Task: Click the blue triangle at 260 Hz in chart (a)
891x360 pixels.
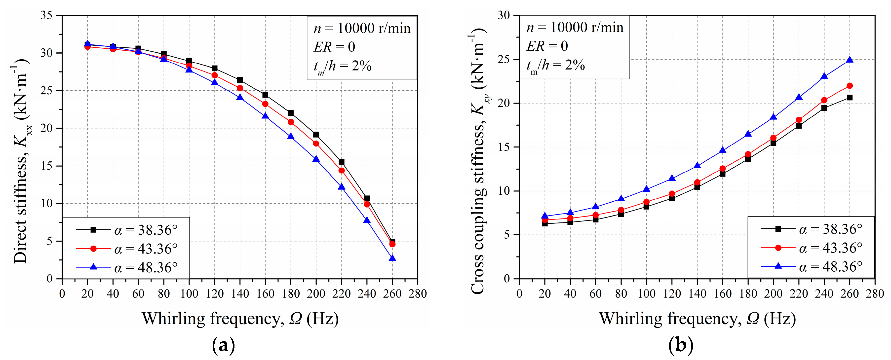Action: pyautogui.click(x=392, y=258)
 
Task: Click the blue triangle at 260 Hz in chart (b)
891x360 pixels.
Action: pyautogui.click(x=850, y=60)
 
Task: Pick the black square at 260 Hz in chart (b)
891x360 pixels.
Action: pyautogui.click(x=850, y=98)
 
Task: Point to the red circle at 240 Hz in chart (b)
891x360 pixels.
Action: pyautogui.click(x=824, y=100)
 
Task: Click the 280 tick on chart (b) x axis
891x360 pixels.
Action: pyautogui.click(x=875, y=294)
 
